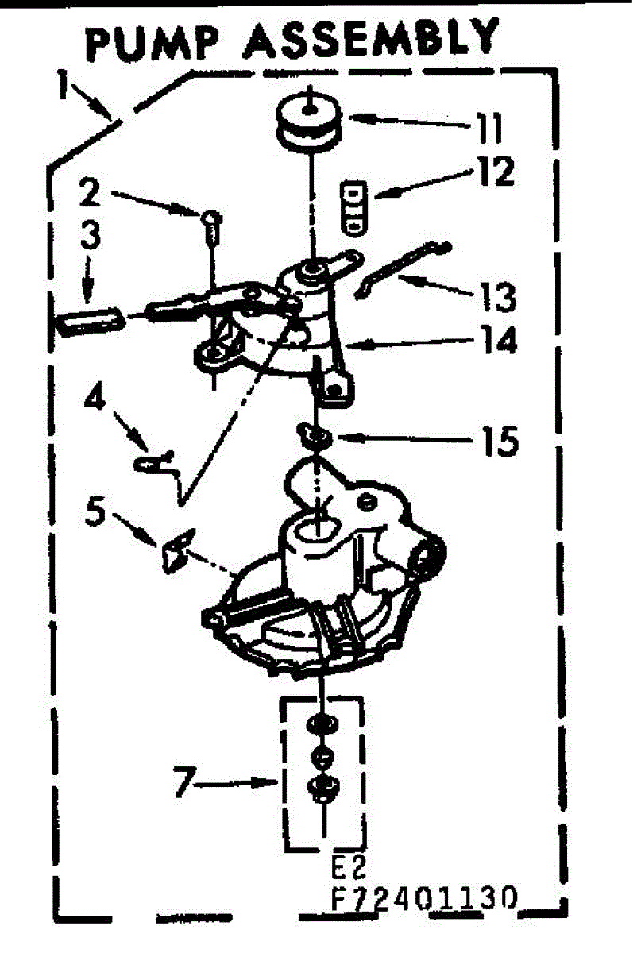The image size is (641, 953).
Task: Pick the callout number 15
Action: pos(497,439)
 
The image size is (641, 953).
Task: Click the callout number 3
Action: pos(90,238)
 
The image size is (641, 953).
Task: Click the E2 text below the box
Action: pos(348,865)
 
